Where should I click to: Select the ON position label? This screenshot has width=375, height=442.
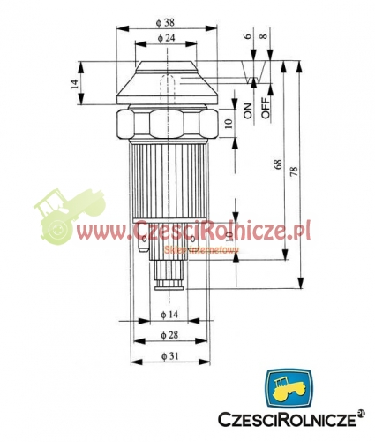[248, 110]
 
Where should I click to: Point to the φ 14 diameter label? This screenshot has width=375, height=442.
[169, 315]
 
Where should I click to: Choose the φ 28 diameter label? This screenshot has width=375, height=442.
[169, 335]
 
